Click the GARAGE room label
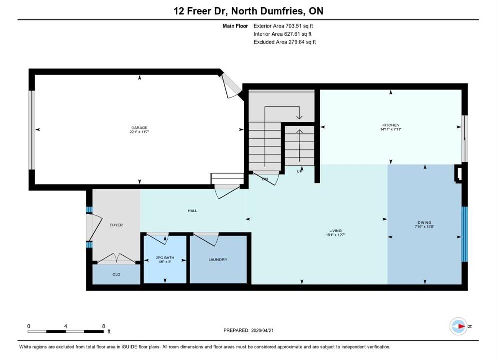tap(139, 128)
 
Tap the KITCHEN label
tap(391, 125)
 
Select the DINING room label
tap(424, 223)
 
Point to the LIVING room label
tap(335, 231)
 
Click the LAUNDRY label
tap(218, 260)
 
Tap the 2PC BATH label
tap(165, 258)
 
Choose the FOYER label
tap(116, 225)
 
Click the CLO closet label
tap(116, 275)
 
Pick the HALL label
tap(192, 211)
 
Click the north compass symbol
tap(458, 326)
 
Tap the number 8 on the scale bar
tap(104, 326)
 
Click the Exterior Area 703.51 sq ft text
tap(283, 26)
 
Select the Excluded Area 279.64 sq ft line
tap(285, 42)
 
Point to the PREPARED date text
tap(249, 330)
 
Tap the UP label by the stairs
tap(300, 171)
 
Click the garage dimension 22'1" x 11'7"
tap(139, 132)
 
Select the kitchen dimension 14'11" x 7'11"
tap(391, 129)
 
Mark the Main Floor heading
tap(235, 26)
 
